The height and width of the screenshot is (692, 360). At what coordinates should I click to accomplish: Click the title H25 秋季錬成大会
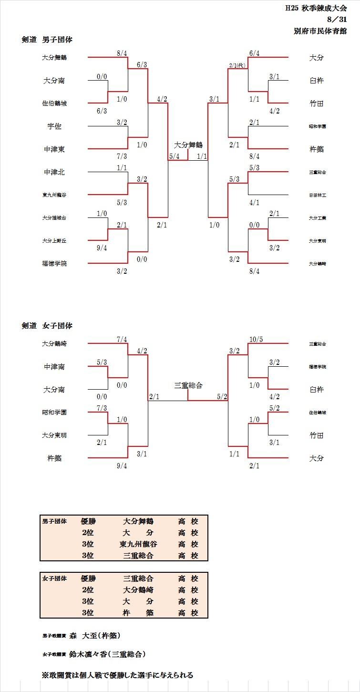[x=316, y=8]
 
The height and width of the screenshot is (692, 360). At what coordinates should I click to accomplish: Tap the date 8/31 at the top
[x=337, y=20]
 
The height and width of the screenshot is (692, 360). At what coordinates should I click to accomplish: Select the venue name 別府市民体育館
[x=320, y=31]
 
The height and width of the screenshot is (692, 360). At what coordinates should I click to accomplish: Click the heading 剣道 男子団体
[x=47, y=40]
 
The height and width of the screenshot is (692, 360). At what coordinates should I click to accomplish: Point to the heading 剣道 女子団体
[x=47, y=326]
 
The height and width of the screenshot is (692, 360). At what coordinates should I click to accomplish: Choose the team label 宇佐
[x=54, y=126]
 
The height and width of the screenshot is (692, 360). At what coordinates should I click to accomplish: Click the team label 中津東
[x=54, y=149]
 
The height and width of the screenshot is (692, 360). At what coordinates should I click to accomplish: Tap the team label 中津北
[x=54, y=172]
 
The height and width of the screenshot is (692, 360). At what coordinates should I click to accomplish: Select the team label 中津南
[x=54, y=367]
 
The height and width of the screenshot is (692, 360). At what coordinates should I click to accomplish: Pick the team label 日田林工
[x=317, y=195]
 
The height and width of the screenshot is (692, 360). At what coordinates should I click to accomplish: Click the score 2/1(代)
[x=237, y=65]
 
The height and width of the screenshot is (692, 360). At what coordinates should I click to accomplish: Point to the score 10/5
[x=256, y=340]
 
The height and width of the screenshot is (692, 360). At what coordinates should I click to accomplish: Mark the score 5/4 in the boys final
[x=175, y=156]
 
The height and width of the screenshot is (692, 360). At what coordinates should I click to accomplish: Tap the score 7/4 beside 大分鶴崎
[x=122, y=340]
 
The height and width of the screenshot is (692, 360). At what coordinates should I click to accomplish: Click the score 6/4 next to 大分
[x=254, y=53]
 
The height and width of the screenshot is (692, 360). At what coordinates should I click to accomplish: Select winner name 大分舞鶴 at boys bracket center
[x=188, y=145]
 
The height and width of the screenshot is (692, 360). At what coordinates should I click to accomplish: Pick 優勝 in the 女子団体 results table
[x=88, y=578]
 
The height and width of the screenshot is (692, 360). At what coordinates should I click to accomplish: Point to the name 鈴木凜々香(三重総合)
[x=107, y=654]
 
